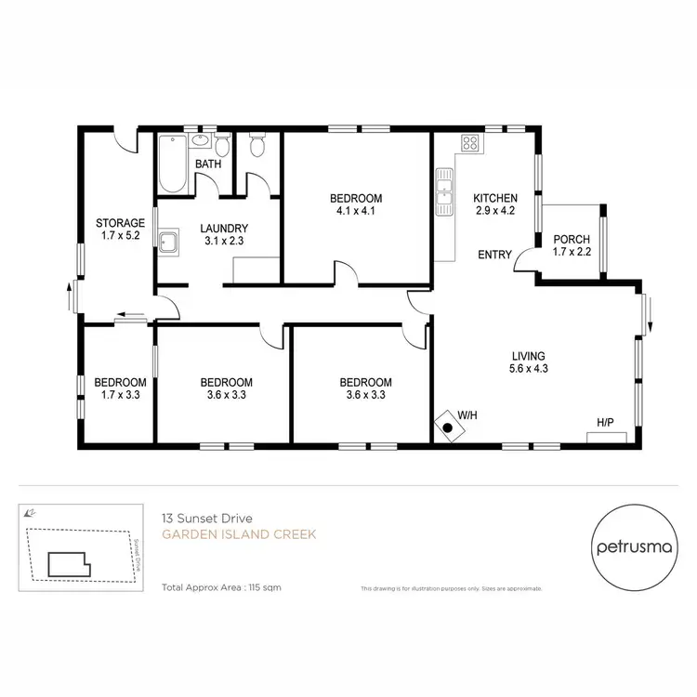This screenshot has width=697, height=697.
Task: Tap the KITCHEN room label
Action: click(494, 198)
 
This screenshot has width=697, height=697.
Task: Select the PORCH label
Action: click(571, 239)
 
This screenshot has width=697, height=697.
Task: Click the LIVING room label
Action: click(528, 356)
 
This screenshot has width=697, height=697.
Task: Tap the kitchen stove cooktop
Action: click(470, 144)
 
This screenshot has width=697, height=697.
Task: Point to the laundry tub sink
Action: click(168, 243)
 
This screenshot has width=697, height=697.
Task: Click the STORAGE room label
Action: click(120, 223)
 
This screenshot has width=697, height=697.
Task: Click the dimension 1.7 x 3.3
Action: click(120, 395)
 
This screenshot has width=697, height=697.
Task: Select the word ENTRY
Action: click(494, 255)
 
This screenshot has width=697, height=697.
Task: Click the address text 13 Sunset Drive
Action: click(202, 518)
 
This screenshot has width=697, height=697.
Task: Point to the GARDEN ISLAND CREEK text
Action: click(239, 534)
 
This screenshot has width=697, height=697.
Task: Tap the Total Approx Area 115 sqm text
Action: click(221, 587)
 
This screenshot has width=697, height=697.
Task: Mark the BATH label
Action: click(207, 165)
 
